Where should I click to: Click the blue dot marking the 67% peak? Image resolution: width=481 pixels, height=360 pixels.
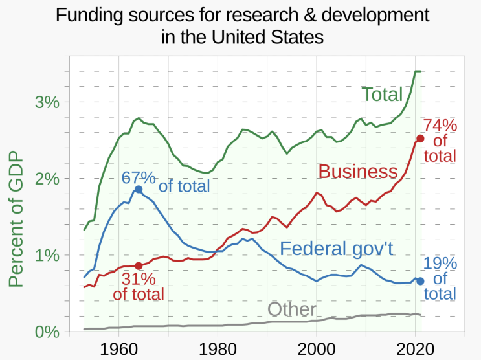[139, 189]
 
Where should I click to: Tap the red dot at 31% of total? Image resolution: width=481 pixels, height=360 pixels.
[139, 265]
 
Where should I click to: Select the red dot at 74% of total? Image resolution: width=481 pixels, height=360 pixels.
[420, 139]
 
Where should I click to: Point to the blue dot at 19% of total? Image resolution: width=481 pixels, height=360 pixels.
[420, 281]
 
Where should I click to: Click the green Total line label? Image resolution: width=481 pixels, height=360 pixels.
[382, 94]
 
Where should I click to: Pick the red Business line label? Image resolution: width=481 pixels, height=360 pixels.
[358, 171]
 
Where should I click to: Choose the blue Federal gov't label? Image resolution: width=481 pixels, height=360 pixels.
[337, 248]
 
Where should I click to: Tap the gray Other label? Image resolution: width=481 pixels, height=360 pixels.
[292, 309]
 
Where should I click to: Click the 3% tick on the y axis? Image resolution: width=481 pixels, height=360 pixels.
[47, 102]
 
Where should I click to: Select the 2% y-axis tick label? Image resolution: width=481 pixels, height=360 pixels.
[47, 179]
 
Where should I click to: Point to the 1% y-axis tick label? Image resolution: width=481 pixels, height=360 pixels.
[47, 255]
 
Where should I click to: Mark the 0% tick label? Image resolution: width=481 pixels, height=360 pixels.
[47, 332]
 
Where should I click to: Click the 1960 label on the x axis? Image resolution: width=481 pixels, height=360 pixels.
[118, 349]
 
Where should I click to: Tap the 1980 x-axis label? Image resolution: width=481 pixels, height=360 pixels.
[218, 349]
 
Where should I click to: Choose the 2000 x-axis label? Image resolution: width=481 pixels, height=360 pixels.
[317, 349]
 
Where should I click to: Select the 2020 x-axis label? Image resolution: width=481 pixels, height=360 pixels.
[416, 349]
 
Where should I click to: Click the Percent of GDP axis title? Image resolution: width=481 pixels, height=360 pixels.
[16, 219]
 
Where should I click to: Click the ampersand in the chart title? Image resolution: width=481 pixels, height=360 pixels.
[310, 15]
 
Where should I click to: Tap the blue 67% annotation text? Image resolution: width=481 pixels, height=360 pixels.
[139, 177]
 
